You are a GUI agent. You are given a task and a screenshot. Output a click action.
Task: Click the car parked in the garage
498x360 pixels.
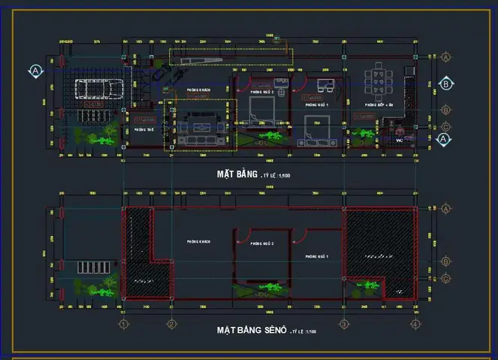pos(96,89)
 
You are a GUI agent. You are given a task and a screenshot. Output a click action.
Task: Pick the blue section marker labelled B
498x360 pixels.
pos(446,84)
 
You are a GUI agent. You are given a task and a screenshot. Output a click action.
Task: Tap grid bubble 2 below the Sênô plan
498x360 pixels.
pos(171,324)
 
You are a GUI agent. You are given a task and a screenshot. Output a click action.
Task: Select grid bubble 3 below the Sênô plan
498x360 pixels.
pos(343,324)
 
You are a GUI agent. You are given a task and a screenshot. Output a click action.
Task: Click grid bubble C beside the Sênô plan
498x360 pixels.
pos(446,279)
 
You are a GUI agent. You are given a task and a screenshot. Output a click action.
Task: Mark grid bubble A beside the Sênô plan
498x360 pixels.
pos(446,208)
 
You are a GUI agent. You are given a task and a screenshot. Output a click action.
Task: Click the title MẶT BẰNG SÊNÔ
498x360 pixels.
pos(251,330)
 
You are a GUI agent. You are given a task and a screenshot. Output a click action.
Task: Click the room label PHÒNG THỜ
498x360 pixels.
pos(143,129)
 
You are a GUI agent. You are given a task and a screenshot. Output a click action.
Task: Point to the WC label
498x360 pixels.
pos(399,140)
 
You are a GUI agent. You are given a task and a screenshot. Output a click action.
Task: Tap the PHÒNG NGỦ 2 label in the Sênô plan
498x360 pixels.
pos(261,244)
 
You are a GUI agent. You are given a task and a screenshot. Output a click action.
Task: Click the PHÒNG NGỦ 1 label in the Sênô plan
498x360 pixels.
pos(318,257)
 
